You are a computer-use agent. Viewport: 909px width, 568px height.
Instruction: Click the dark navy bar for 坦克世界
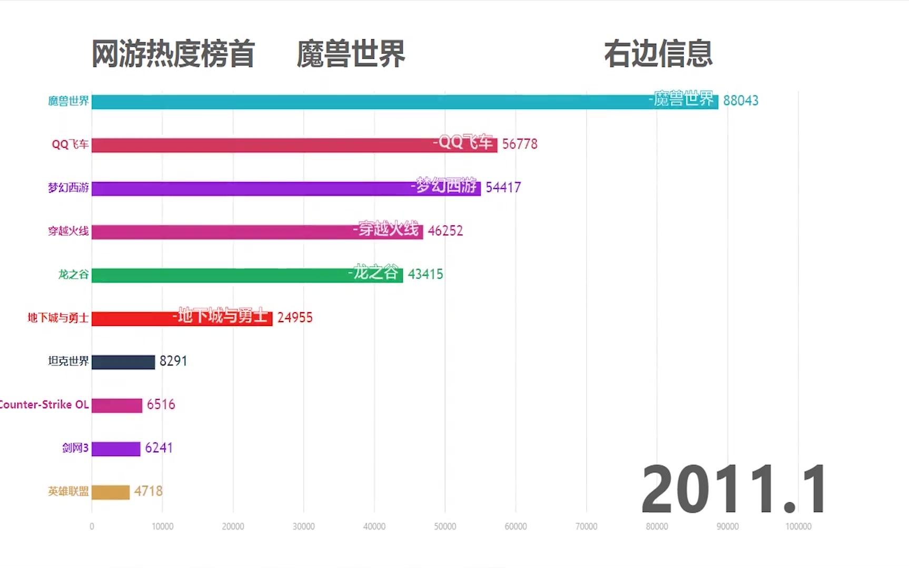(123, 362)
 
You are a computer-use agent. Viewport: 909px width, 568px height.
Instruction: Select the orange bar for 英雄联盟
(111, 492)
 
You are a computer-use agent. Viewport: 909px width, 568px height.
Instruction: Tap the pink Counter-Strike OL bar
(117, 405)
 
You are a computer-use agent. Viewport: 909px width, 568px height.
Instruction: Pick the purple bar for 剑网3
(116, 449)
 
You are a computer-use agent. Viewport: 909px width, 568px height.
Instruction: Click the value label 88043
(740, 101)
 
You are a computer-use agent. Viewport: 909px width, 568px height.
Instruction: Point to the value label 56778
(520, 144)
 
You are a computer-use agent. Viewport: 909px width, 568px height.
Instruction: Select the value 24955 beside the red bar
(295, 317)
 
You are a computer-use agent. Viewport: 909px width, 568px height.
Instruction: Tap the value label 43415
(426, 274)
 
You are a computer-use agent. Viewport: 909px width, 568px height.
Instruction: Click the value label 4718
(149, 491)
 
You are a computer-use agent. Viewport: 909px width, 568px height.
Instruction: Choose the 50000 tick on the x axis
(445, 526)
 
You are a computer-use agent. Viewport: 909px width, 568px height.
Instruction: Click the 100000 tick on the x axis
(798, 526)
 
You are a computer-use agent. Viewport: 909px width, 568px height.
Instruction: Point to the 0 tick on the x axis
(92, 526)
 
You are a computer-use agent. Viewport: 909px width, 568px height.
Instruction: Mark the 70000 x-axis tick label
(586, 526)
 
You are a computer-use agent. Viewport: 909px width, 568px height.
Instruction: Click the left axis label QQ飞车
(70, 144)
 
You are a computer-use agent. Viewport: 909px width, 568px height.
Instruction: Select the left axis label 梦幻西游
(68, 188)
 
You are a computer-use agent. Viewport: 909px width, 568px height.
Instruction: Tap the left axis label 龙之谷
(73, 274)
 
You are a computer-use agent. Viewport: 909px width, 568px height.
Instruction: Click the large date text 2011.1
(734, 490)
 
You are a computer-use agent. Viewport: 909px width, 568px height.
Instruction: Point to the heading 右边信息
(658, 54)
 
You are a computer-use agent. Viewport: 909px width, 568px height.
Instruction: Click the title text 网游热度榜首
(173, 54)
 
